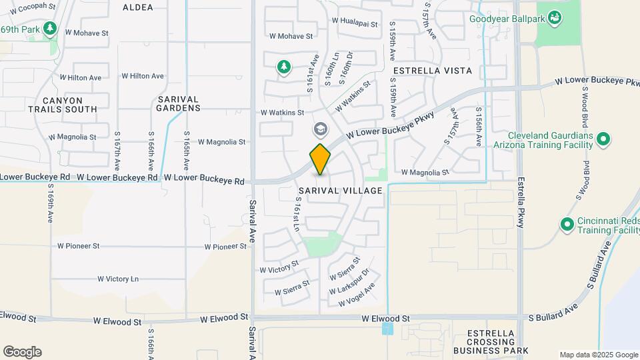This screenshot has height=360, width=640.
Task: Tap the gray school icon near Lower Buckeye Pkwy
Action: click(x=321, y=129)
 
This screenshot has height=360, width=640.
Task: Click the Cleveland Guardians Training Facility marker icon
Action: click(x=603, y=139)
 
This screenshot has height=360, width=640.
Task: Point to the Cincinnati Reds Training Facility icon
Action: click(x=567, y=224)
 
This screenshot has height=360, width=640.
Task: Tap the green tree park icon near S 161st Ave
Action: click(x=285, y=66)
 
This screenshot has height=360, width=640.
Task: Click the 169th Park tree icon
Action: click(x=49, y=29)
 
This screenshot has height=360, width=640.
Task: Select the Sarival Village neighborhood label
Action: click(x=341, y=191)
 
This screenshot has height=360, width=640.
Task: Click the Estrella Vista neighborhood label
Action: click(x=433, y=70)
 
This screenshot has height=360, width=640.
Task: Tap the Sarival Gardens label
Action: click(x=179, y=103)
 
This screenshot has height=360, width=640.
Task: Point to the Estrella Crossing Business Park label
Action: click(x=490, y=342)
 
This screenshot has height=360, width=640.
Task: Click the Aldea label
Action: click(x=138, y=7)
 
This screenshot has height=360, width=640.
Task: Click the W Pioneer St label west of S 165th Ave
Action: click(x=79, y=246)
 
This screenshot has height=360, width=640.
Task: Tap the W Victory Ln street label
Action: click(x=118, y=279)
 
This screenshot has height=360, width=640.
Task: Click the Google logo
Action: click(x=22, y=352)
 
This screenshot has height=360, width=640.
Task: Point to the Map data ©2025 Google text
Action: click(x=598, y=355)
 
